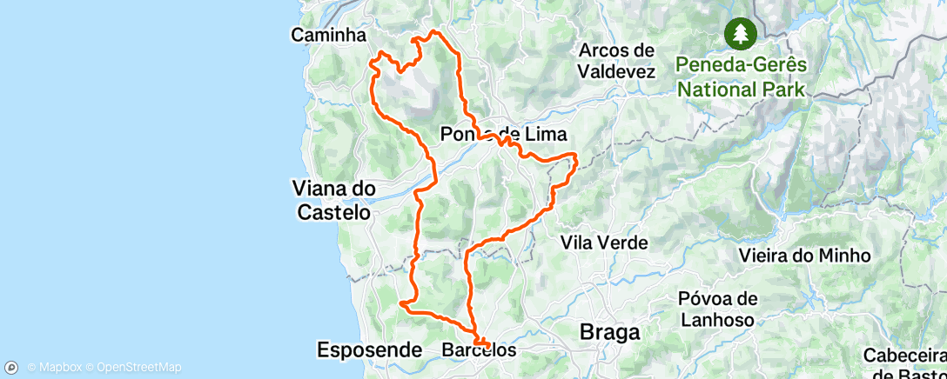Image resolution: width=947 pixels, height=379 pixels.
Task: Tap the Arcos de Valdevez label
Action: [x=615, y=61]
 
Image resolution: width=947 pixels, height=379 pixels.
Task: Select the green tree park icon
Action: [x=741, y=34]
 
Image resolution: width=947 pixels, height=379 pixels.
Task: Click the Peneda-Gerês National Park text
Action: [x=742, y=77]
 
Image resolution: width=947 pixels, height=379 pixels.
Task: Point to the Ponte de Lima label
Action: [x=503, y=135]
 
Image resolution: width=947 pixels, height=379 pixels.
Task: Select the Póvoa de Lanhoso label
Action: [x=717, y=309]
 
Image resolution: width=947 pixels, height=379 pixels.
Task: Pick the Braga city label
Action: [x=610, y=332]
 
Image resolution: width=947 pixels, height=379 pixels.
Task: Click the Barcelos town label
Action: [x=479, y=350]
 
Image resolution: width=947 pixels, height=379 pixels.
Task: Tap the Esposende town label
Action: [x=369, y=350]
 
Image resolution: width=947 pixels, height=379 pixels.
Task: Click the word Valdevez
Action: [x=615, y=71]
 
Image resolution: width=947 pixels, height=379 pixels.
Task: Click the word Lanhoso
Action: [x=717, y=319]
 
